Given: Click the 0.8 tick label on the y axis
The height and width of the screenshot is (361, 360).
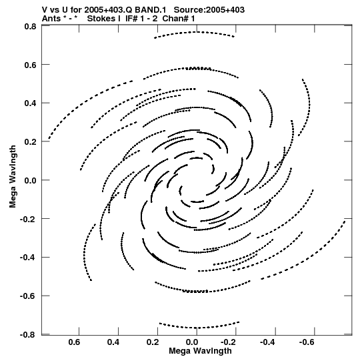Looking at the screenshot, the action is pyautogui.click(x=30, y=27).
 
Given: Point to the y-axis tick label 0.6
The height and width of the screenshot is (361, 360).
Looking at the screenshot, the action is pyautogui.click(x=30, y=65).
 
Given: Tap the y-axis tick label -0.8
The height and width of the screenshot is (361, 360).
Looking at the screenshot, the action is pyautogui.click(x=28, y=334).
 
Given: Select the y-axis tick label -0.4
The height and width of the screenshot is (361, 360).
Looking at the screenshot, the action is pyautogui.click(x=28, y=257).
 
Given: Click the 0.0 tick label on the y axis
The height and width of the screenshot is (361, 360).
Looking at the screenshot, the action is pyautogui.click(x=30, y=180).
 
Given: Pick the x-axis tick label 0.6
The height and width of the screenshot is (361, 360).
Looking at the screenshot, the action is pyautogui.click(x=74, y=342).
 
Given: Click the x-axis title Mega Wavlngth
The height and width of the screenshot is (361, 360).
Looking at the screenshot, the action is pyautogui.click(x=200, y=351).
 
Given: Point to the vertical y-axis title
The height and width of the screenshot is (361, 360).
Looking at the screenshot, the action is pyautogui.click(x=13, y=177).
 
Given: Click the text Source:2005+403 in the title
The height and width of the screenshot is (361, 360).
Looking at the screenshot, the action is pyautogui.click(x=209, y=10).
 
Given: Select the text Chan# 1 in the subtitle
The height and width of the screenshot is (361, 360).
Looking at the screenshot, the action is pyautogui.click(x=179, y=19).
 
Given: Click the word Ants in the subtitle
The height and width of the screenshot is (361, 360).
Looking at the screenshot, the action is pyautogui.click(x=51, y=19).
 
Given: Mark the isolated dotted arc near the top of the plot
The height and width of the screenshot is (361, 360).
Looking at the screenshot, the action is pyautogui.click(x=195, y=32).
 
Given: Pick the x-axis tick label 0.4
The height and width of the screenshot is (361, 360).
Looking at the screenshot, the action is pyautogui.click(x=113, y=342).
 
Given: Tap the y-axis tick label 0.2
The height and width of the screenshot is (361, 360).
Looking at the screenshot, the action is pyautogui.click(x=30, y=142).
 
